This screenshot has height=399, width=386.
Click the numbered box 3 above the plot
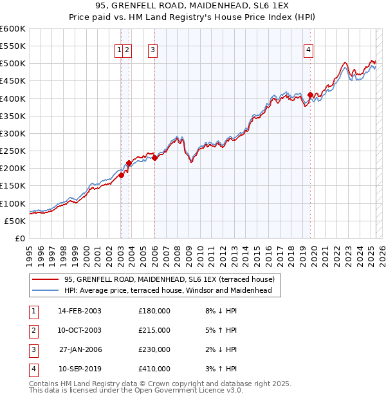153,51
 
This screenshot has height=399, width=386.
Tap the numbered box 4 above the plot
309,51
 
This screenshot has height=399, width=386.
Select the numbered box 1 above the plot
120,51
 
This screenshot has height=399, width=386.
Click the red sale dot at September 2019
310,95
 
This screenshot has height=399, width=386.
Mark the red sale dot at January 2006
155,158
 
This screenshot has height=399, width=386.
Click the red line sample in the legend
46,279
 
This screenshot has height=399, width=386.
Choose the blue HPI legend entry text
168,290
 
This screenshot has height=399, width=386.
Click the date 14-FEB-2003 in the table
80,311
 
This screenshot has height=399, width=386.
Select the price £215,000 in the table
154,330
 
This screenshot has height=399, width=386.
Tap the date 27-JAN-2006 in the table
80,349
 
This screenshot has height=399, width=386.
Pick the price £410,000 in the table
154,369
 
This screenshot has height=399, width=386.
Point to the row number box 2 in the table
33,330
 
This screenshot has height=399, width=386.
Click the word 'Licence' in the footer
206,390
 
